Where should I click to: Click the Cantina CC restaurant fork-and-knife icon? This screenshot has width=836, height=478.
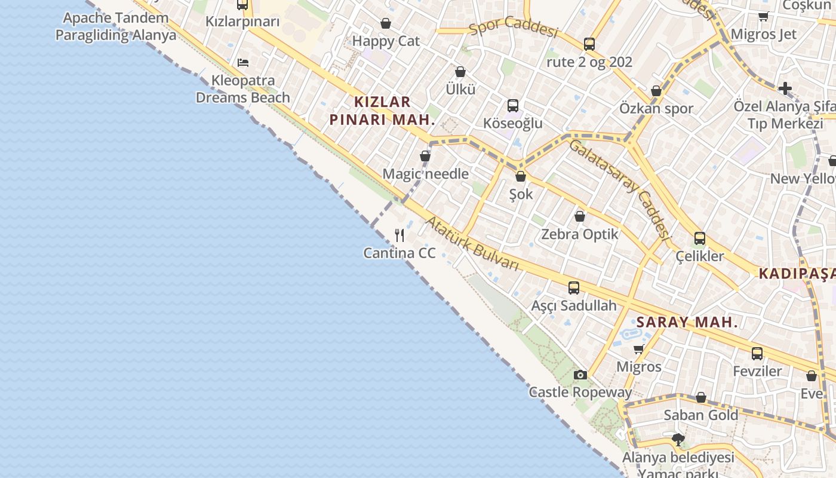[x=399, y=235]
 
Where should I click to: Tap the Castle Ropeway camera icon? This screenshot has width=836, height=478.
[x=580, y=375]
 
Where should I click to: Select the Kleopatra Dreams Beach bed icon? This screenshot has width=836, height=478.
[x=242, y=62]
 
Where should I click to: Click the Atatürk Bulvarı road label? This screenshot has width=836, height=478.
[x=472, y=244]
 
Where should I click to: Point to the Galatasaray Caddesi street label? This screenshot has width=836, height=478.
[x=617, y=186]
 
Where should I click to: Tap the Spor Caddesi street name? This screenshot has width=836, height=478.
[x=513, y=26]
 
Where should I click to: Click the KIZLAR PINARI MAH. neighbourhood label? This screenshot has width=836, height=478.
[x=382, y=111]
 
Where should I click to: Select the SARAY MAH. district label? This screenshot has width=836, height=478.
[x=687, y=323]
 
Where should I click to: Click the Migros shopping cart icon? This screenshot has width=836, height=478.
[x=638, y=349]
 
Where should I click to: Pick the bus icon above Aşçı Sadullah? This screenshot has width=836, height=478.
[x=574, y=288]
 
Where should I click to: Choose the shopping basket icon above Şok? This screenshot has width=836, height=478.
[x=521, y=176]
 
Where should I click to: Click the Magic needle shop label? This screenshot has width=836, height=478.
[x=425, y=174]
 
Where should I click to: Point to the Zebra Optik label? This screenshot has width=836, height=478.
[x=579, y=234]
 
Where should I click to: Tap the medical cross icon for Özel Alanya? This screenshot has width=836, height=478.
[x=785, y=89]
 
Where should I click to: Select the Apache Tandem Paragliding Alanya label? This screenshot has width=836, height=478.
[x=116, y=26]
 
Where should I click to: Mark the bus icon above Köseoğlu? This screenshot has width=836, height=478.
[x=513, y=106]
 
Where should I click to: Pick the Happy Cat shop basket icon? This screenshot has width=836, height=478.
[x=386, y=24]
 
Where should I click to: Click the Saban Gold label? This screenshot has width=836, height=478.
[x=701, y=415]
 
